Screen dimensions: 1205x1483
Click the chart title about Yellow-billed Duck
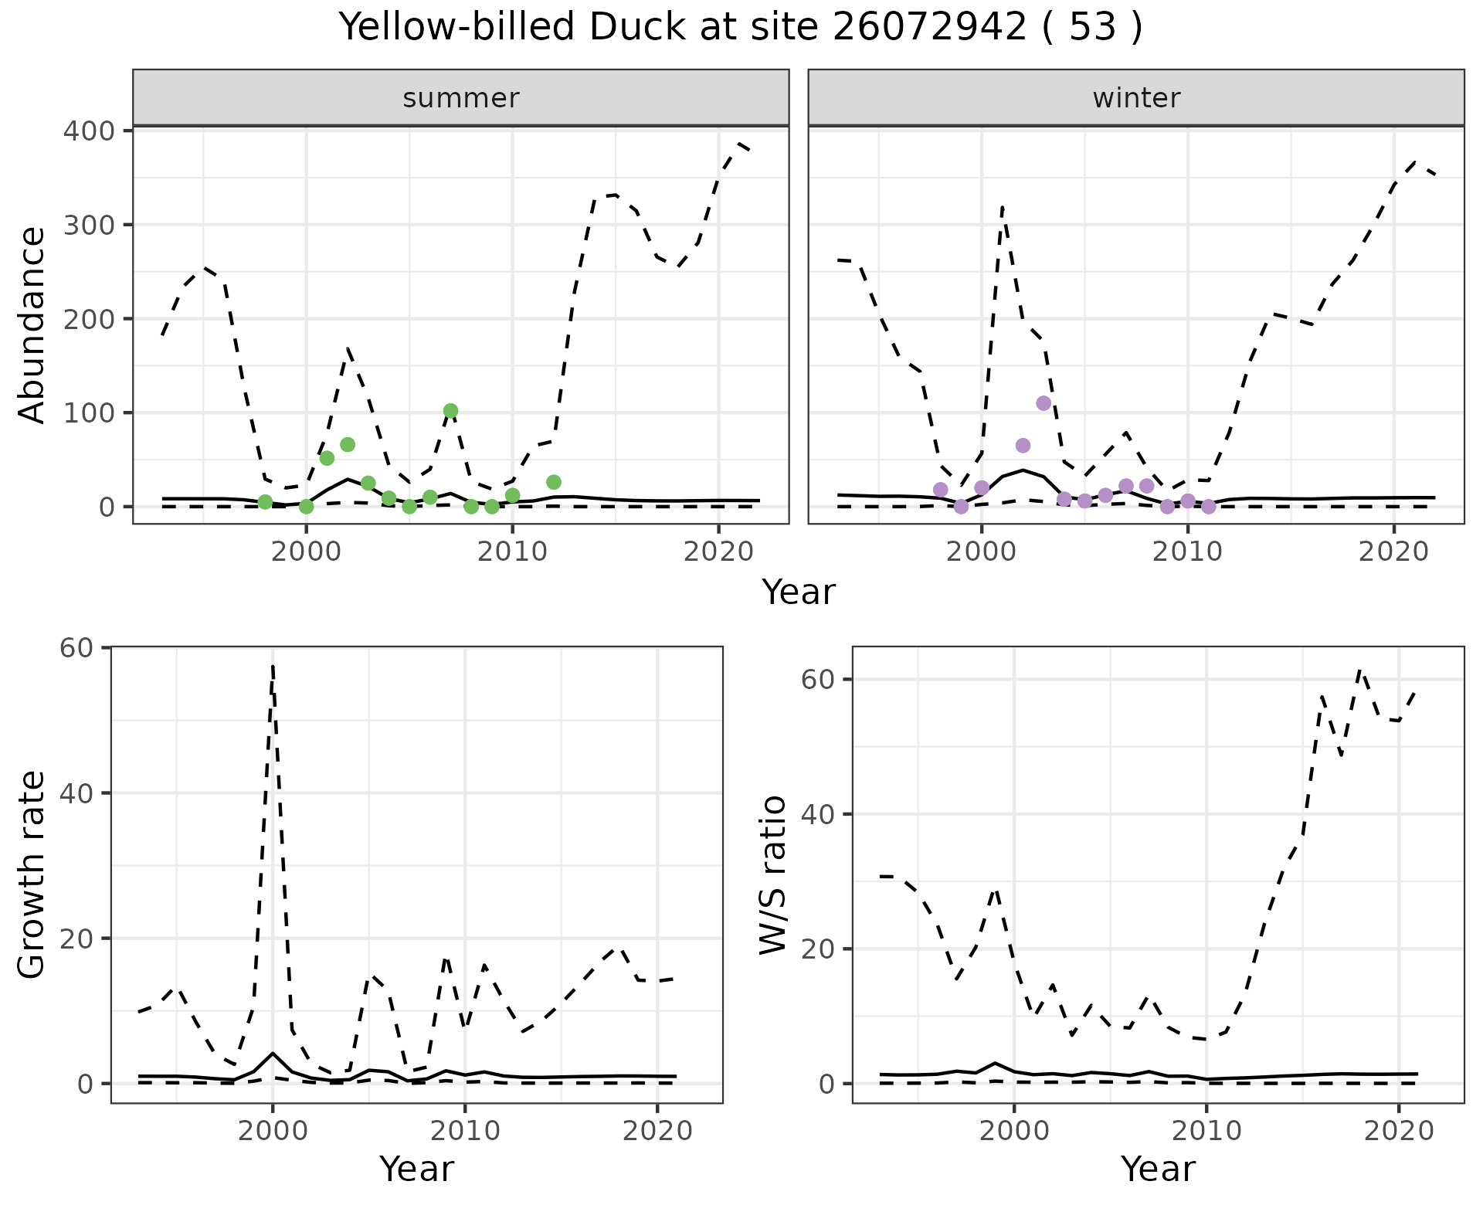pyautogui.click(x=741, y=29)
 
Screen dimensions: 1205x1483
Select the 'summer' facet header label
pyautogui.click(x=461, y=98)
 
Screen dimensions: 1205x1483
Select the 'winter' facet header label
pyautogui.click(x=1136, y=98)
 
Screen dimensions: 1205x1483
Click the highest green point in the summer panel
pyautogui.click(x=450, y=411)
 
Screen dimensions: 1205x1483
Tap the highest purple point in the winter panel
pyautogui.click(x=1044, y=403)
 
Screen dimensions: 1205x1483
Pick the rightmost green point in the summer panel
pyautogui.click(x=554, y=482)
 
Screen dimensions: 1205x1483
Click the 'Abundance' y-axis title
pyautogui.click(x=32, y=325)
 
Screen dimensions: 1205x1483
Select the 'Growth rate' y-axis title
pyautogui.click(x=32, y=875)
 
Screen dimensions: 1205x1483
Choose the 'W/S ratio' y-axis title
pyautogui.click(x=773, y=875)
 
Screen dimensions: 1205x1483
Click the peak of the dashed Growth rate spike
pyautogui.click(x=273, y=665)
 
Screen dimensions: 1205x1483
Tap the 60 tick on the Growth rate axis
pyautogui.click(x=76, y=647)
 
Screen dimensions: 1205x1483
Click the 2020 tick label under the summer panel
pyautogui.click(x=718, y=552)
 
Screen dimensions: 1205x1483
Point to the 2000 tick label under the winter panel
pyautogui.click(x=981, y=552)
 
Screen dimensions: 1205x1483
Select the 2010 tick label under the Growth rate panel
pyautogui.click(x=465, y=1131)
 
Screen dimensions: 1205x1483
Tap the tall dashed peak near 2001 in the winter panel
pyautogui.click(x=1002, y=206)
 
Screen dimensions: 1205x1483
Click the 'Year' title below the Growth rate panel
pyautogui.click(x=416, y=1169)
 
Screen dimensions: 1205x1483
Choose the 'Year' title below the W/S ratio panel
pyautogui.click(x=1158, y=1169)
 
